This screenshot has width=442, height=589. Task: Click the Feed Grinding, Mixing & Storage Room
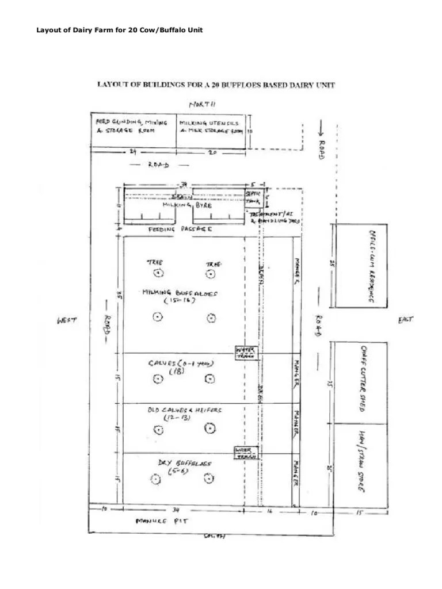131,127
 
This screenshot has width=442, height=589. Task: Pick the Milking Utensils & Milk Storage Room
211,127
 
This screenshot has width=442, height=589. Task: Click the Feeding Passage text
181,229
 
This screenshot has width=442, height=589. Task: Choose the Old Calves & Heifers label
184,413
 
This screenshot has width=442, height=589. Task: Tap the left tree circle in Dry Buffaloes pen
155,479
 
